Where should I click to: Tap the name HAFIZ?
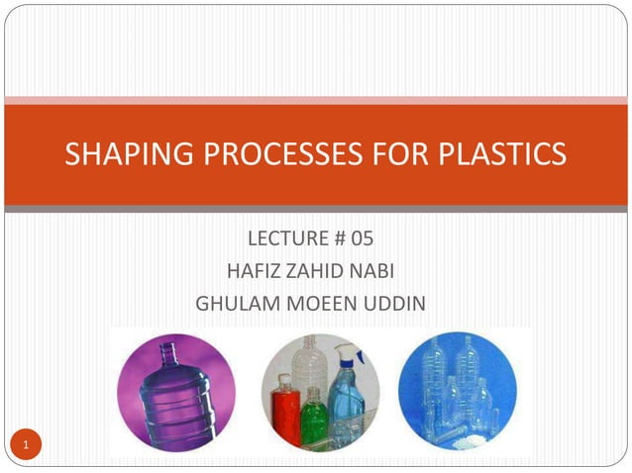pos(252,271)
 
